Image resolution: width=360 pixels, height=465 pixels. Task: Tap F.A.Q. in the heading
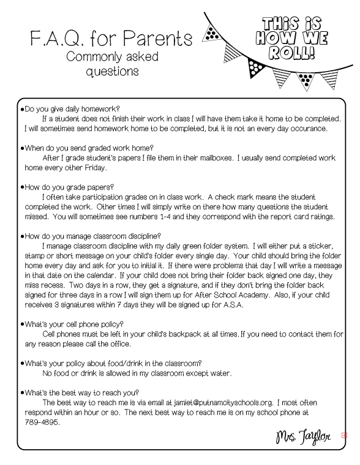[x=58, y=39]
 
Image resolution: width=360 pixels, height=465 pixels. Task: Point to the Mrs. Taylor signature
[x=303, y=437]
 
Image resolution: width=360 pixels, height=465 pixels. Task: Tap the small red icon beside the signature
[x=344, y=436]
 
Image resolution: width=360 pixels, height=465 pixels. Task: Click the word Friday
[x=92, y=167]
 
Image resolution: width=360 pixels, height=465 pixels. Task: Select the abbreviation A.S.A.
[x=231, y=304]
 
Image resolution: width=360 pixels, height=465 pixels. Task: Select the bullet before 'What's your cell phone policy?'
[x=22, y=324]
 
